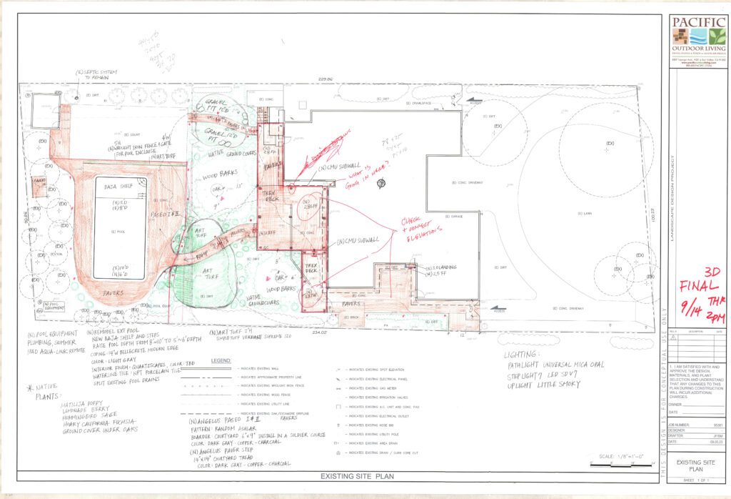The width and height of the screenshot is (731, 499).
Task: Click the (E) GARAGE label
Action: [455, 215]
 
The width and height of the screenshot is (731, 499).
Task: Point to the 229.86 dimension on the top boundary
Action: [326, 81]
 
